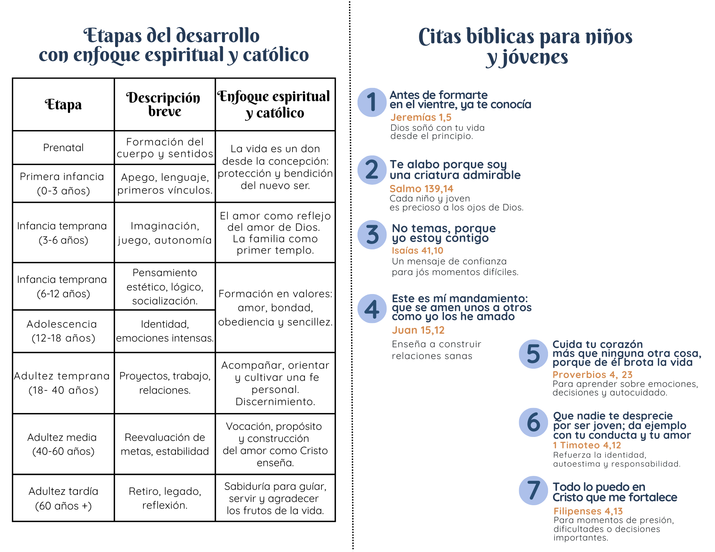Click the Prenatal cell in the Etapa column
(x=63, y=148)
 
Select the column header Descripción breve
(x=164, y=104)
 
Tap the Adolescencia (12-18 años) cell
(x=63, y=331)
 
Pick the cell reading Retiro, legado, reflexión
(x=165, y=498)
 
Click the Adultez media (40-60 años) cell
(x=63, y=444)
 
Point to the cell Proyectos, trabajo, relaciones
(x=165, y=383)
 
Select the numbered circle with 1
(x=372, y=102)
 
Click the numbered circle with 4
(x=372, y=309)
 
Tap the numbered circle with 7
(x=533, y=490)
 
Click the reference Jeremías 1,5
(x=421, y=117)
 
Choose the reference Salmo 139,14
(x=421, y=188)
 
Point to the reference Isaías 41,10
(x=417, y=250)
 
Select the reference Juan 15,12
(x=418, y=330)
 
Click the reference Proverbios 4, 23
(x=592, y=374)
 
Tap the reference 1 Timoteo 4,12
(x=587, y=445)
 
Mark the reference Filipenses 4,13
(x=588, y=511)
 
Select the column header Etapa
(x=63, y=105)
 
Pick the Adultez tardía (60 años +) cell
(x=63, y=498)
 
